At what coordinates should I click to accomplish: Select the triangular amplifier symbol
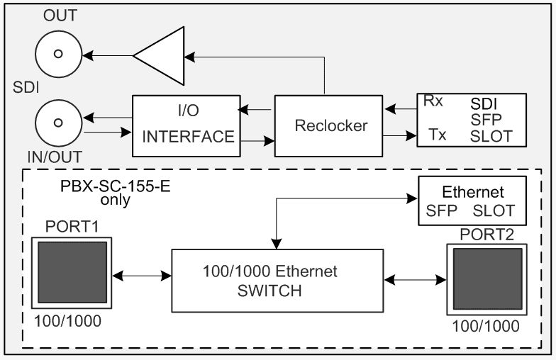coord(161,54)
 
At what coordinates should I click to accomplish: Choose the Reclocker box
coord(323,125)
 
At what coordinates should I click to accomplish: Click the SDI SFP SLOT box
coord(471,118)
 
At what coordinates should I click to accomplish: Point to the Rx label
coord(433,101)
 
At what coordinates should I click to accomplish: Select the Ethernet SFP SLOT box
coord(473,201)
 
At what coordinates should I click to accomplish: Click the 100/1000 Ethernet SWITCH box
coord(277,280)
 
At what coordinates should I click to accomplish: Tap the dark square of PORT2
coord(487,280)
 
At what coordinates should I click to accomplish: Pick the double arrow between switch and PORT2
coord(414,281)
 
